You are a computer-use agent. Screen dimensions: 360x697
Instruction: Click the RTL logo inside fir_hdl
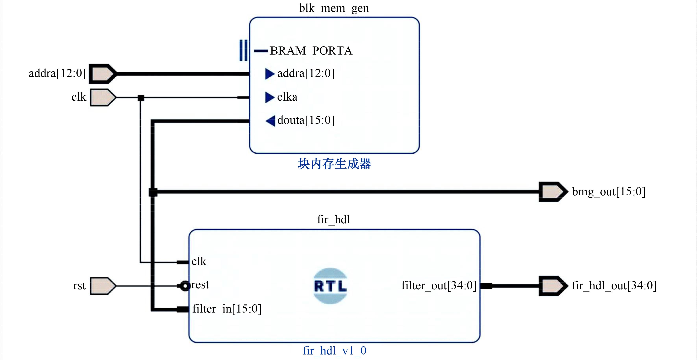tap(330, 286)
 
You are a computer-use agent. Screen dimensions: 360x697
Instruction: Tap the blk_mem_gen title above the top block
tap(334, 8)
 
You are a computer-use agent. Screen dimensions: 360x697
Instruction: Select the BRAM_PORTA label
tap(311, 51)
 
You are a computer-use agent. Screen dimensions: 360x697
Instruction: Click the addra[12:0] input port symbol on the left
tap(103, 74)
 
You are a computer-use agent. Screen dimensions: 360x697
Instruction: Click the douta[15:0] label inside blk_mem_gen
tap(306, 120)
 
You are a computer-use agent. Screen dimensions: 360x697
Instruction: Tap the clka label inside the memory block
tap(287, 97)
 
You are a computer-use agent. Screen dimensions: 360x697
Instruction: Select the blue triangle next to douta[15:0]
tap(270, 121)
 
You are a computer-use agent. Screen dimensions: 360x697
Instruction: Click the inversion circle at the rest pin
tap(185, 286)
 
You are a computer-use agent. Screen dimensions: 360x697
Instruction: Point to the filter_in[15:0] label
tap(227, 309)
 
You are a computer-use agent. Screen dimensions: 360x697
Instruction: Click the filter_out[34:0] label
tap(439, 285)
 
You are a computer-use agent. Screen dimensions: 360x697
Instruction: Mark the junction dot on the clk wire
tap(141, 98)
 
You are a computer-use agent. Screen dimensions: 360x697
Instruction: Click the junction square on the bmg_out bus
tap(153, 192)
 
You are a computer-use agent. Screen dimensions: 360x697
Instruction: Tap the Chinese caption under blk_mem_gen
tap(334, 164)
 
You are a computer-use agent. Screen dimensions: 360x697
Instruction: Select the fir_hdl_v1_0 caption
tap(334, 351)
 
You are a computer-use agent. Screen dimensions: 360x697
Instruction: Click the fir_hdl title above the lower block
tap(334, 220)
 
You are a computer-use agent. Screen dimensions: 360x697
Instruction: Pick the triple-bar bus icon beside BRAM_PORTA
tap(243, 50)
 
